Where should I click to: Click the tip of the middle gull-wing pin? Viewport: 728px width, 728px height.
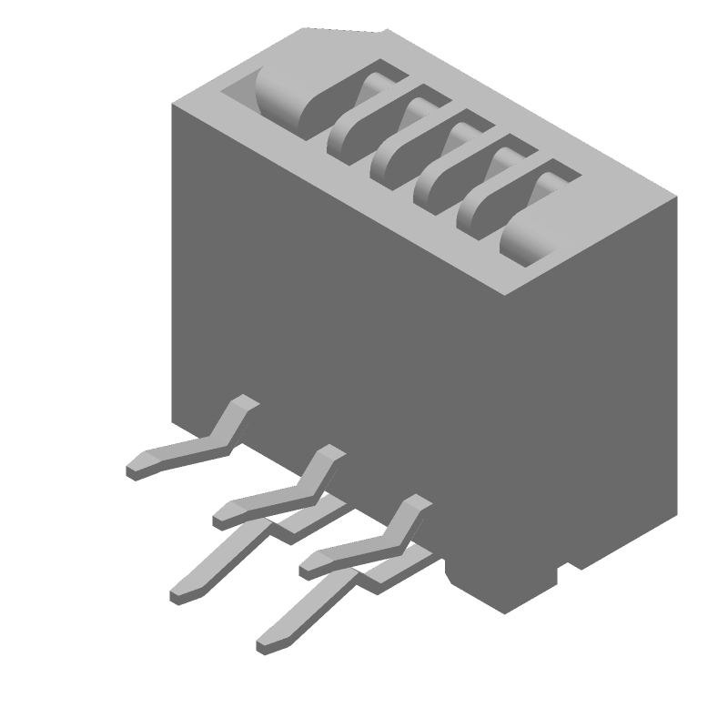click(x=221, y=517)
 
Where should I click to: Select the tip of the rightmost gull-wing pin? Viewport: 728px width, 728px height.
click(x=308, y=564)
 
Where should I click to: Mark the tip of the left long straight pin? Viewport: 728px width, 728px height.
click(x=178, y=595)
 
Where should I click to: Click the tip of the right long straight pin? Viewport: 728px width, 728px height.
click(x=265, y=645)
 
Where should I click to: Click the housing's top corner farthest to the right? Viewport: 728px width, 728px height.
click(x=677, y=196)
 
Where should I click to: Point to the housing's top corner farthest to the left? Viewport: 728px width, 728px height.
click(x=173, y=104)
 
